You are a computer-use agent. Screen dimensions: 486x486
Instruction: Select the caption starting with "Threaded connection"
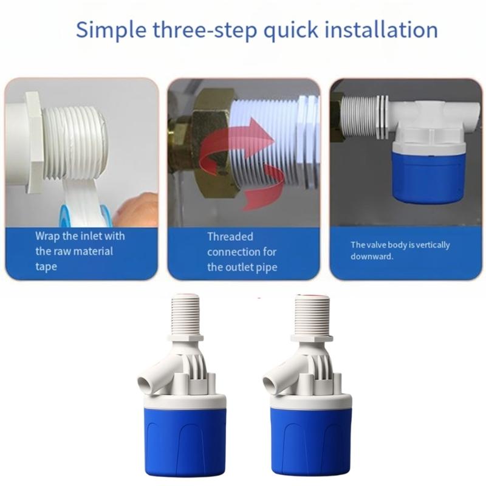tap(242, 252)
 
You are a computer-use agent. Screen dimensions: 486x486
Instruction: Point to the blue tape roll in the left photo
tap(70, 216)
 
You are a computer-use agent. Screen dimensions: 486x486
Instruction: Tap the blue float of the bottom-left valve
tap(185, 440)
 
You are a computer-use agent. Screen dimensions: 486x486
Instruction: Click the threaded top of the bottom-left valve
tap(187, 313)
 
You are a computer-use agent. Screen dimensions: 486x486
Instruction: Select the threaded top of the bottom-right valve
tap(312, 313)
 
